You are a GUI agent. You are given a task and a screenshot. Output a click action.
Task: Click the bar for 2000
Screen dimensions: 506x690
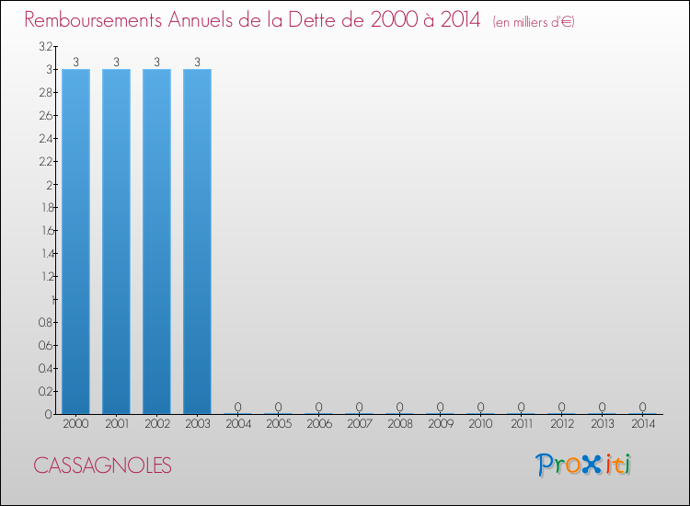pos(75,241)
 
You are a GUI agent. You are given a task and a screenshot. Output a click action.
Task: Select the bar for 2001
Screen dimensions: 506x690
pos(116,241)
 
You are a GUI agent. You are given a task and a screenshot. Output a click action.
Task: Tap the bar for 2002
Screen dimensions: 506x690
pos(156,241)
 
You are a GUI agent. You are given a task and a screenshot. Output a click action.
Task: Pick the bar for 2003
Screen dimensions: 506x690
pos(197,241)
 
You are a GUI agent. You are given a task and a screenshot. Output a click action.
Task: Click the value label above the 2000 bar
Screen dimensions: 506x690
pos(75,63)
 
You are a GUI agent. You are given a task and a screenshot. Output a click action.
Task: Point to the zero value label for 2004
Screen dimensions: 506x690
pos(237,407)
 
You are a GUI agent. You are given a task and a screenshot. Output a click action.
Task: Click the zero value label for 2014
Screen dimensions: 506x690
pos(642,407)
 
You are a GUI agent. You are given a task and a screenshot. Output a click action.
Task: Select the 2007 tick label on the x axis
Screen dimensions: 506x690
pos(359,425)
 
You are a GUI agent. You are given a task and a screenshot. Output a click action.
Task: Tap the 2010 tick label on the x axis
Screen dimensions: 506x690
pos(480,425)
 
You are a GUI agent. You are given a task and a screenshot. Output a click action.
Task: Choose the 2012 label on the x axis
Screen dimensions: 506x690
pos(561,425)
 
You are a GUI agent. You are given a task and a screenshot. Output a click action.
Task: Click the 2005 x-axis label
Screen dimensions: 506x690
pos(278,425)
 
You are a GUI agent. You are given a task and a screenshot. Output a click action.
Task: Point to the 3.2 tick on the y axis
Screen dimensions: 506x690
pos(45,46)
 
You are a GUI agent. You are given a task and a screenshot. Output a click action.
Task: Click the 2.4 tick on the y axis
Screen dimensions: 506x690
pos(45,138)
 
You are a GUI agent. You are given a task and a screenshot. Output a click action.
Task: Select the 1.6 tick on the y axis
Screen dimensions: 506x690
pos(45,230)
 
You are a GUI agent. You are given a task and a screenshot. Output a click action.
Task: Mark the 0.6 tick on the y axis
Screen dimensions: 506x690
pos(45,345)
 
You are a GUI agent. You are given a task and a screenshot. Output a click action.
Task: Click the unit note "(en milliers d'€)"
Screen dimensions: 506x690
pos(534,22)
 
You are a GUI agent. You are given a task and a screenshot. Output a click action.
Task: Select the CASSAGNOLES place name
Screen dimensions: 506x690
pos(102,466)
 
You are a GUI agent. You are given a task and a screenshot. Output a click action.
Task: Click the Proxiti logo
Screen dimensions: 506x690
pos(583,465)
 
